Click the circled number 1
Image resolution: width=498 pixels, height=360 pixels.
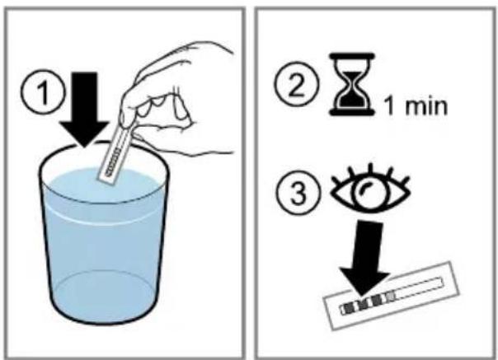(x=43, y=92)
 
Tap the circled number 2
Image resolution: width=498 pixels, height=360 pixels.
(x=297, y=84)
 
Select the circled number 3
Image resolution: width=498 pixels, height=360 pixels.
(x=298, y=192)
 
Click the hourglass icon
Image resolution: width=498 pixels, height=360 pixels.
(x=351, y=84)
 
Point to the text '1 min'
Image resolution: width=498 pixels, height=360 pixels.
(x=416, y=106)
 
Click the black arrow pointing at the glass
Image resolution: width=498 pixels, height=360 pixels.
(x=84, y=110)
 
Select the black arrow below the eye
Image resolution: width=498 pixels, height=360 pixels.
(x=367, y=259)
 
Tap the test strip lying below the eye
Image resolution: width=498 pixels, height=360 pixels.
(x=391, y=296)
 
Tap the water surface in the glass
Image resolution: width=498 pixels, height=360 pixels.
(x=101, y=185)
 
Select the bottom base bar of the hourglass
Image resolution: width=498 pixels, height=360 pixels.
(x=351, y=112)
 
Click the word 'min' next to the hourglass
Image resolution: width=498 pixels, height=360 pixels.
(x=426, y=106)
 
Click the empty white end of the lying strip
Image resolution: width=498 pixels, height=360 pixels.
(x=420, y=288)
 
